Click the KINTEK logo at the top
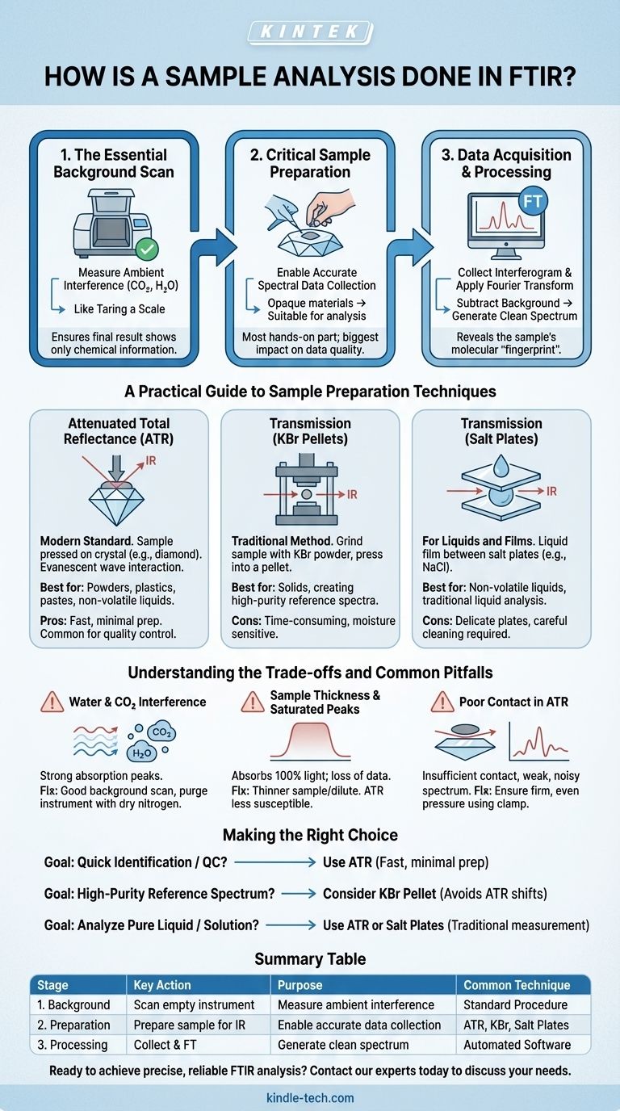[x=310, y=31]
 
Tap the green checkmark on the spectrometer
[x=147, y=249]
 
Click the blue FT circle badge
[x=532, y=201]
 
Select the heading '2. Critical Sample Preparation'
[x=310, y=163]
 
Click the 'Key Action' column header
[x=162, y=985]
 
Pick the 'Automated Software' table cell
[x=517, y=1044]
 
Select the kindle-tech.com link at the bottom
[x=310, y=1098]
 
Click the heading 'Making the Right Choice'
[x=310, y=835]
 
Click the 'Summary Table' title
[x=310, y=959]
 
